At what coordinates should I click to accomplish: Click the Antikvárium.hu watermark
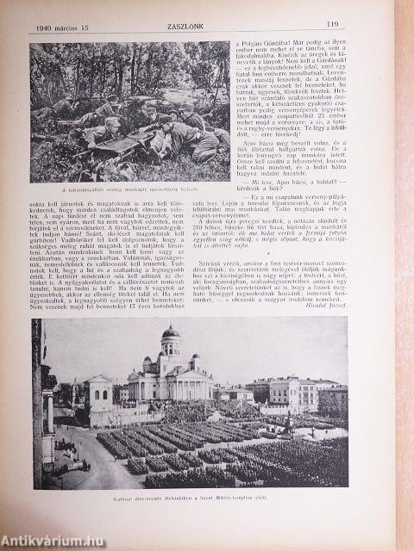coord(45,538)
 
